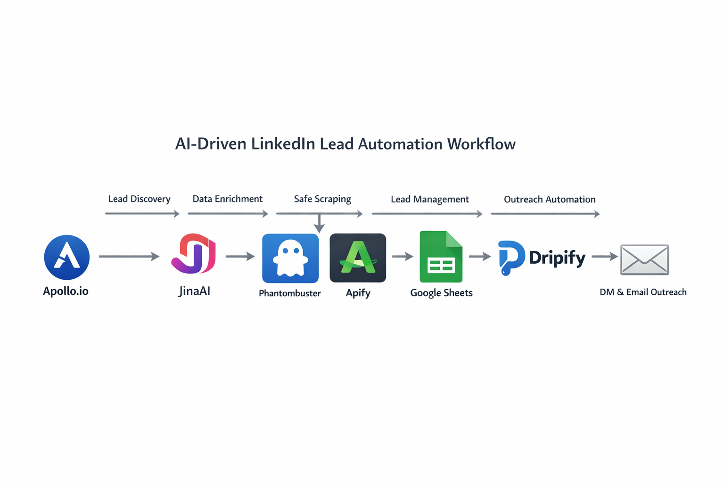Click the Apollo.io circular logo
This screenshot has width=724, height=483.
coord(67,258)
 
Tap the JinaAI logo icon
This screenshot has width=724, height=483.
coord(194,254)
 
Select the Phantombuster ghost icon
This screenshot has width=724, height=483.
coord(290,258)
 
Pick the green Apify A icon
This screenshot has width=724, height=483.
coord(358,258)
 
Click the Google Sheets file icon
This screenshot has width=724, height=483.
coord(441,257)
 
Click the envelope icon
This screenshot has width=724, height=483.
coord(644,259)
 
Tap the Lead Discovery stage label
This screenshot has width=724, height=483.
coord(139,199)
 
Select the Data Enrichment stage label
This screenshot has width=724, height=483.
coord(227,199)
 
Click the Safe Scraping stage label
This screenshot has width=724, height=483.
coord(322,199)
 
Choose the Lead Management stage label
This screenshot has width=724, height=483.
coord(429,200)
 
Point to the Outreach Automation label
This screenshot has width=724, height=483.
coord(550,200)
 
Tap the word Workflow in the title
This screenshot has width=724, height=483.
coord(481,144)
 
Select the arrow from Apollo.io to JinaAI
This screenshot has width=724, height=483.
coord(129,257)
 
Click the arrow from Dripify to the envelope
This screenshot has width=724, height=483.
coord(605,257)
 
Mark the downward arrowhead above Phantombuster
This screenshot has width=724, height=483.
coord(320,228)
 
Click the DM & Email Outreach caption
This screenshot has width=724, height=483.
coord(643,292)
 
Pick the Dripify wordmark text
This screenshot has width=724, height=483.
coord(557,258)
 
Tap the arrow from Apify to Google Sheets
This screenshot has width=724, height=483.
coord(403,257)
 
